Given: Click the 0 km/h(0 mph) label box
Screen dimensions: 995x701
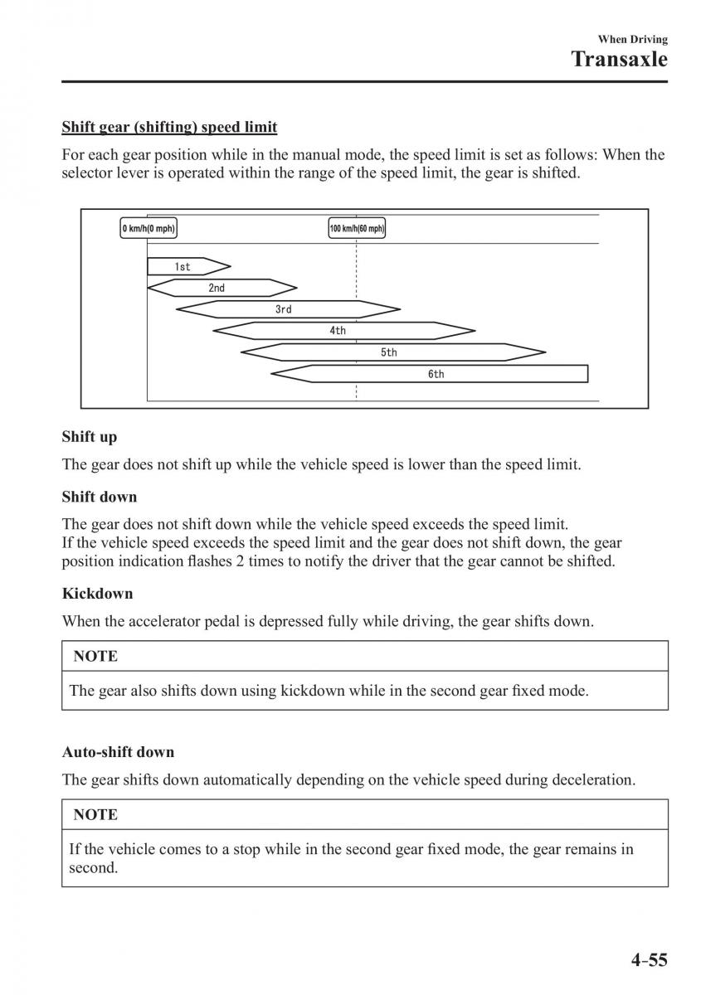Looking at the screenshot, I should coord(148,228).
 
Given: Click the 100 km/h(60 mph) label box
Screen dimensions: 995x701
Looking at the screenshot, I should coord(357,228).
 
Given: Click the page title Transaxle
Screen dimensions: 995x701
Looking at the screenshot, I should coord(620,59).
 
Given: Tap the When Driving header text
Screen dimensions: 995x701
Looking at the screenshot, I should coord(632,39).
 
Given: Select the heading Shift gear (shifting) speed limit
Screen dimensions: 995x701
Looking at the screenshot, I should coord(169,128).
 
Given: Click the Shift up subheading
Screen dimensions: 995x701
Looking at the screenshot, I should coord(90,437).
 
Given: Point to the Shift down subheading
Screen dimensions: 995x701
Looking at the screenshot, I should coord(100,497).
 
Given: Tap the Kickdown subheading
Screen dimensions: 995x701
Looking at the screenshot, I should coord(97,594).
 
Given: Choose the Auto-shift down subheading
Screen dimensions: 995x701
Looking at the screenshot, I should coord(118,752).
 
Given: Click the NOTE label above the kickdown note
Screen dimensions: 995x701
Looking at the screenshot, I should coord(95,656).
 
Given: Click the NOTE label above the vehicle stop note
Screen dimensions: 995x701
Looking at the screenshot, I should coord(95,814).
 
